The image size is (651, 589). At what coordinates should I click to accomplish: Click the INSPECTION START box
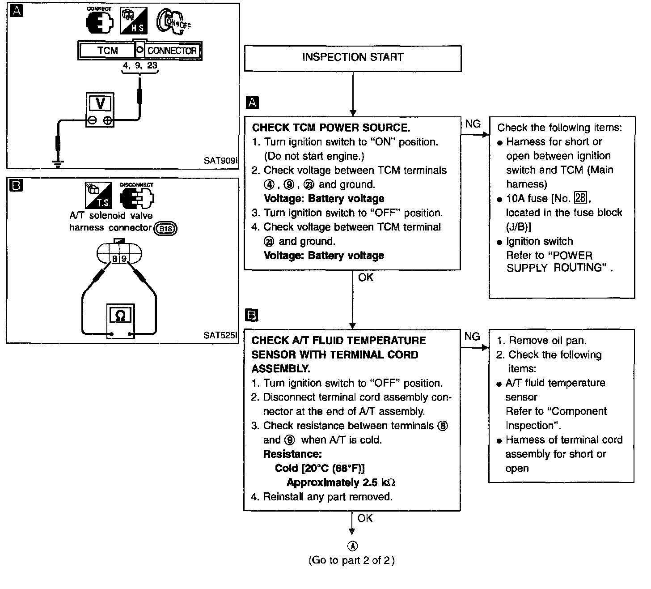(x=352, y=58)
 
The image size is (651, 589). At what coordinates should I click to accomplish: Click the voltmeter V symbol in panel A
(x=100, y=104)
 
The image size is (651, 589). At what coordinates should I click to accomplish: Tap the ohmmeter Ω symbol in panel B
(x=120, y=316)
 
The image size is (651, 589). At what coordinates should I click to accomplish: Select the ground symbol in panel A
(x=57, y=163)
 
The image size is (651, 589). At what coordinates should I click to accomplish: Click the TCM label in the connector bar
(x=107, y=51)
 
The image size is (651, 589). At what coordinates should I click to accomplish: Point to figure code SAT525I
(x=220, y=335)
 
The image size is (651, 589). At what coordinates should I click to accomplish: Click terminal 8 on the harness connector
(x=114, y=259)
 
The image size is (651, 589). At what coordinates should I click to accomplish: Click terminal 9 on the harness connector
(x=123, y=259)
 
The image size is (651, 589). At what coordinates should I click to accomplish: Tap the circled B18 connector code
(x=165, y=229)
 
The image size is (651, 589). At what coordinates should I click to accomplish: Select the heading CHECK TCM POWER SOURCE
(x=331, y=128)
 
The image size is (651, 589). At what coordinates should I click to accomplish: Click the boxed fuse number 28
(x=580, y=198)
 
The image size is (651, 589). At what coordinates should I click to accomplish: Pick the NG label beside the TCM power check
(x=473, y=124)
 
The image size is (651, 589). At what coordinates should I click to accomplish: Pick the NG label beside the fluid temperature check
(x=472, y=337)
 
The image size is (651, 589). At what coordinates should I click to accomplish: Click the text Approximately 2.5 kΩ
(x=341, y=482)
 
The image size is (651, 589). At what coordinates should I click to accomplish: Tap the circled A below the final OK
(x=353, y=546)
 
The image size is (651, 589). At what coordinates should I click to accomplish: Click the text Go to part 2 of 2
(x=351, y=560)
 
